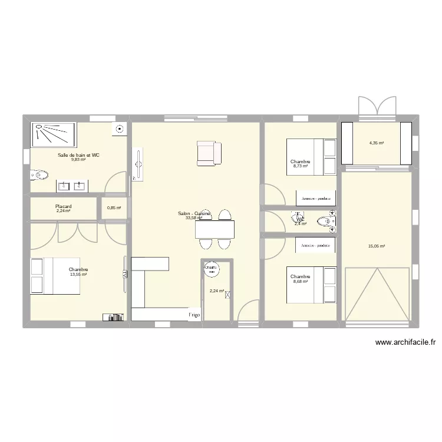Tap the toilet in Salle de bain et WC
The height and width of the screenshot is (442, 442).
39,175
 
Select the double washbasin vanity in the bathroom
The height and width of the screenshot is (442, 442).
72,186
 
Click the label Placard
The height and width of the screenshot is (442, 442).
64,207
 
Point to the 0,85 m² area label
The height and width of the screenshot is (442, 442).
114,207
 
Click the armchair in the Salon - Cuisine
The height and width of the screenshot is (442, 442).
209,153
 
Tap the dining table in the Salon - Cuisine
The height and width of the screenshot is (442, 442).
215,229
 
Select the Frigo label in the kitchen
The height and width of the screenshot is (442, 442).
194,315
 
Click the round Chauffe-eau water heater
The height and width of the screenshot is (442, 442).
211,269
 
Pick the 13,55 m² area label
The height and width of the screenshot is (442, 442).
78,275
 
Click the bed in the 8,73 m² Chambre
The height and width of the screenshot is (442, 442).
311,157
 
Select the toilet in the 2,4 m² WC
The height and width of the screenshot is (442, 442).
325,222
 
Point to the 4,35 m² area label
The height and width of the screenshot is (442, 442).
376,143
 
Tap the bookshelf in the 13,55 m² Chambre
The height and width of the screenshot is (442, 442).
113,317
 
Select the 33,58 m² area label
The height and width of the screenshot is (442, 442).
193,218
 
